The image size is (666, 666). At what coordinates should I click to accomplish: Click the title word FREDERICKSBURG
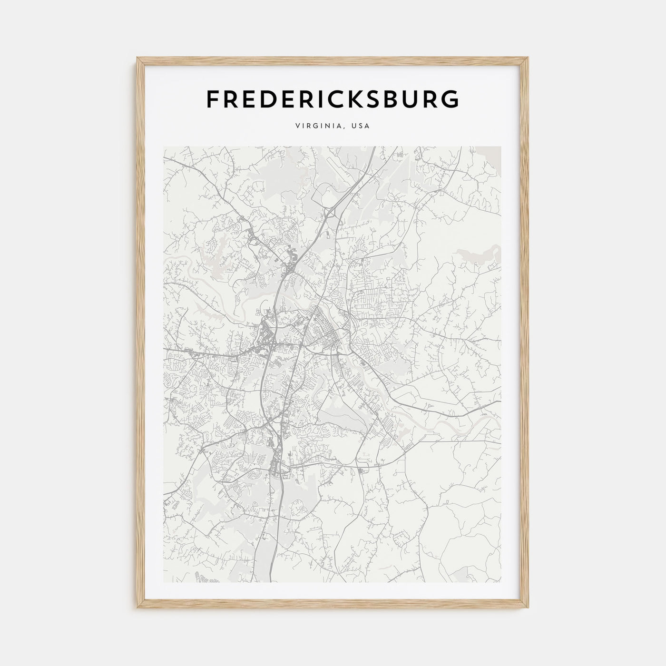(333, 99)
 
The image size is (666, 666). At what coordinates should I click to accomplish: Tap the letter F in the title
(213, 99)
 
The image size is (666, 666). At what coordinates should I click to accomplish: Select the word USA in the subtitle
(360, 127)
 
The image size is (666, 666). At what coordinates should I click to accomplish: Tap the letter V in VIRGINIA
(298, 127)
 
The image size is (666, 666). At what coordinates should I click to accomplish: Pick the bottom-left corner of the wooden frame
(138, 608)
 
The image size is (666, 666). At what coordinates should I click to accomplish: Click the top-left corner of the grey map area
(164, 147)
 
